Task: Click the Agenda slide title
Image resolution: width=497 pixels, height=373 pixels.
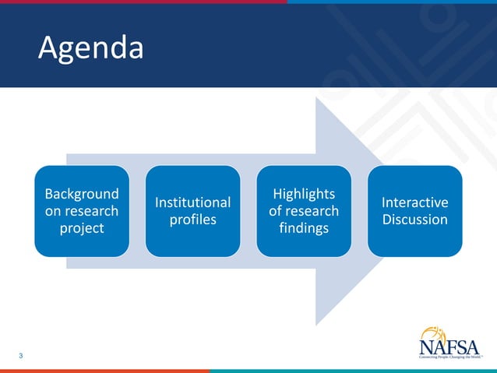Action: [x=91, y=49]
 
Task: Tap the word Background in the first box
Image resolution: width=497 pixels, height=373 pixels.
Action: [x=82, y=194]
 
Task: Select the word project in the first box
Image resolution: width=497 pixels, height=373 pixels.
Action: [x=82, y=228]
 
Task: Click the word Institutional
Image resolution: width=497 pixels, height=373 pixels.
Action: [x=192, y=202]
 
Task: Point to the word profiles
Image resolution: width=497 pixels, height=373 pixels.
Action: [x=192, y=220]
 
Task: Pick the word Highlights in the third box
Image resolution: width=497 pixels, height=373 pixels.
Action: [x=304, y=194]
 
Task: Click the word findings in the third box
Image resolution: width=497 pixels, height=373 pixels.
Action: [x=304, y=228]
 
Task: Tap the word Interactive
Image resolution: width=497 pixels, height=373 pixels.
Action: [x=414, y=202]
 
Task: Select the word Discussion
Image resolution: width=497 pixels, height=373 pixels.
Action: [x=414, y=220]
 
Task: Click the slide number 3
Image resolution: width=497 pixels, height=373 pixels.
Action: [x=21, y=356]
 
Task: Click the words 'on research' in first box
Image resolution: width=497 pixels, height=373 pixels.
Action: [x=82, y=211]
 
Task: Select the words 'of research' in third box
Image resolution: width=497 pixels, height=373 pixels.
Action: [x=304, y=211]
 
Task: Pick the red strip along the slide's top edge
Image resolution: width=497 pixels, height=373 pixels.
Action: [x=140, y=2]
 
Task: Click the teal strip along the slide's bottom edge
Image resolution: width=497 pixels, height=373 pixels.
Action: [x=351, y=371]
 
